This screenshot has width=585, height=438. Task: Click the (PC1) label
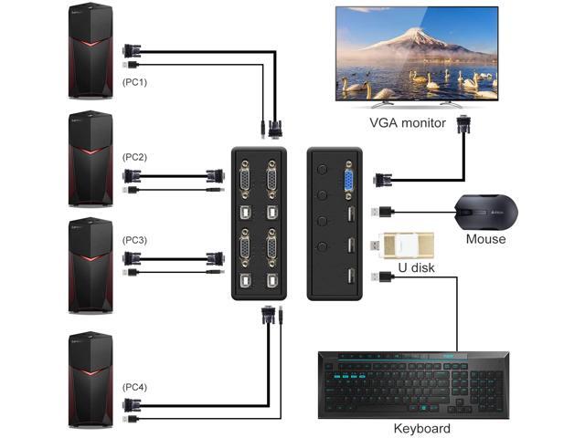(134, 82)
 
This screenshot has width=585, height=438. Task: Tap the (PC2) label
(134, 157)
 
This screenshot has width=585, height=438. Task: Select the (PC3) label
(134, 240)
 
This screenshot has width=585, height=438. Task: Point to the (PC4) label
(134, 387)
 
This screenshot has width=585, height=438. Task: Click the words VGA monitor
(408, 122)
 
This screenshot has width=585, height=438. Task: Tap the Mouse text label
(485, 239)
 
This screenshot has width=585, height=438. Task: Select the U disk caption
(416, 267)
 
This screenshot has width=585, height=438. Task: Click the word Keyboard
(422, 429)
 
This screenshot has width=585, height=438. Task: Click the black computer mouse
(485, 213)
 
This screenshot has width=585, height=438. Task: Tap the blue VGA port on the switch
(349, 181)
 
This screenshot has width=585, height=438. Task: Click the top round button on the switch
(323, 170)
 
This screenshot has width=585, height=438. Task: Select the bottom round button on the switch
(323, 246)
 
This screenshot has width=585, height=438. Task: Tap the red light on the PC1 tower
(90, 43)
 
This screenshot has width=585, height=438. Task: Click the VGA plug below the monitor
(463, 124)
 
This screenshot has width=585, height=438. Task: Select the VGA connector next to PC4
(132, 404)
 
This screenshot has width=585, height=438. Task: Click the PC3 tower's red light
(90, 258)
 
